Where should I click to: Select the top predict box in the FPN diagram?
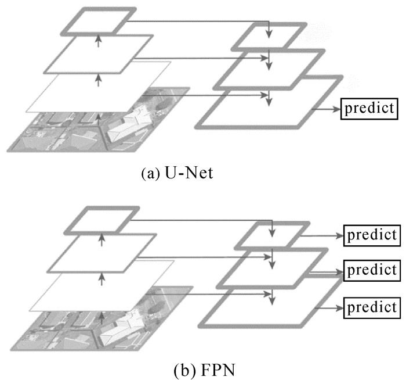[x=371, y=235]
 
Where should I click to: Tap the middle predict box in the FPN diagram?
[x=371, y=270]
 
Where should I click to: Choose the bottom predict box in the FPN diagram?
[x=371, y=306]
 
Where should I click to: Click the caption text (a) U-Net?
[x=175, y=173]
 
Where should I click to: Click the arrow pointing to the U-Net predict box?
[x=325, y=108]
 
